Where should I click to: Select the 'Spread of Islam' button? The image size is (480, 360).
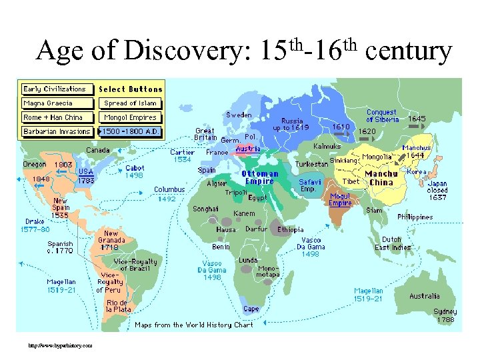(130, 103)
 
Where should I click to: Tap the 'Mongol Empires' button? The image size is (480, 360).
(130, 117)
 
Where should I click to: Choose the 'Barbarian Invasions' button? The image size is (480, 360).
(57, 131)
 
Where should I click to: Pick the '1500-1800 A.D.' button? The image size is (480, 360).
(130, 131)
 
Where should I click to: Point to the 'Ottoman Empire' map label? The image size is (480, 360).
(259, 177)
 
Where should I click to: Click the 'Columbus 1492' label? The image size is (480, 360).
(169, 194)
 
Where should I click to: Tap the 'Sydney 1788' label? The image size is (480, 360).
(445, 316)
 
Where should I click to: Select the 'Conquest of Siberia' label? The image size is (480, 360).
(383, 116)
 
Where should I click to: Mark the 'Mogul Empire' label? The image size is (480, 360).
(340, 200)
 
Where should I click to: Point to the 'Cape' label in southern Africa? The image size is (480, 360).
(251, 309)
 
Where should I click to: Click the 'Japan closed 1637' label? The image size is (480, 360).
(437, 191)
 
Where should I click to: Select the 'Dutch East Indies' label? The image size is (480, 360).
(391, 243)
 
